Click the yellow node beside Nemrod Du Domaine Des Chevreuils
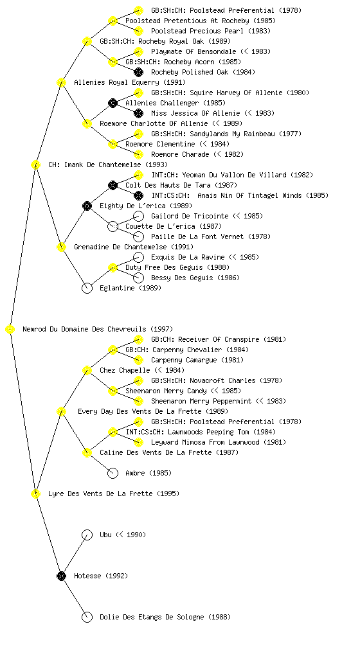10,329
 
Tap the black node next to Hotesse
61,576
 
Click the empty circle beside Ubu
87,535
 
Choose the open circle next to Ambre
113,473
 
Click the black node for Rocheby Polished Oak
138,72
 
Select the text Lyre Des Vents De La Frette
100,493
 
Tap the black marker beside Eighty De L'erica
87,206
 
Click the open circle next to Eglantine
87,288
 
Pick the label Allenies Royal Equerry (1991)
130,82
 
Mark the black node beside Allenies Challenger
113,103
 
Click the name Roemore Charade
180,154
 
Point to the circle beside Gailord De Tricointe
138,216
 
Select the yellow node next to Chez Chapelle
87,370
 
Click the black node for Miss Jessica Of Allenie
138,113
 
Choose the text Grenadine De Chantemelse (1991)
134,247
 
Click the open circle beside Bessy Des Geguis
138,278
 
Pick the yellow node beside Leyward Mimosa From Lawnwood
138,442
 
